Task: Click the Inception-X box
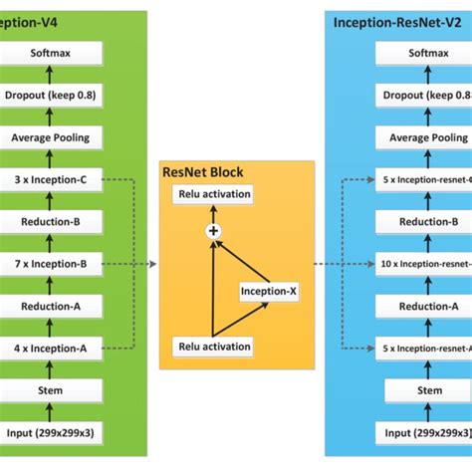(269, 291)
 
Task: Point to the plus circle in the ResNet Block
(212, 231)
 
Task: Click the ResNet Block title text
(202, 172)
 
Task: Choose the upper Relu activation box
(214, 194)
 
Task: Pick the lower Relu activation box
(214, 347)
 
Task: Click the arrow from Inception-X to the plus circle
(243, 258)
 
